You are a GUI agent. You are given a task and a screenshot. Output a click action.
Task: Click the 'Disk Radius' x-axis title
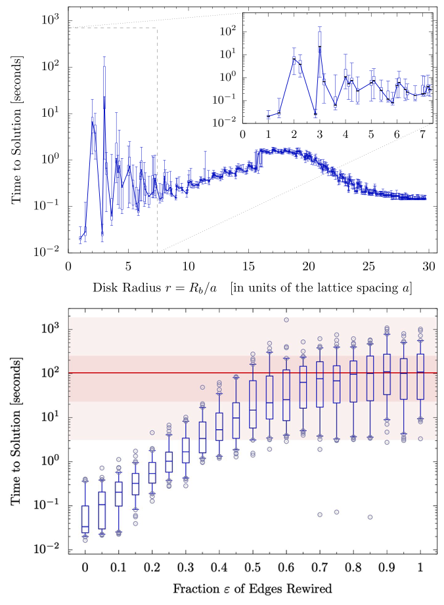(x=252, y=287)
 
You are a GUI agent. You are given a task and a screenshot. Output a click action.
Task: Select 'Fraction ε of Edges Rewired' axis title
(x=252, y=589)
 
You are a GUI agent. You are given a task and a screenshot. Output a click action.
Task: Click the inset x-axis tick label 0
(x=242, y=134)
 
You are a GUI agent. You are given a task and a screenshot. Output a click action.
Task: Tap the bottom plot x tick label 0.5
(x=252, y=566)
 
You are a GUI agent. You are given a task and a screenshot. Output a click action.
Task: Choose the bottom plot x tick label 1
(x=420, y=566)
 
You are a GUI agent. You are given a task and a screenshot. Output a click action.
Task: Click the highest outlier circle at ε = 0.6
(x=286, y=320)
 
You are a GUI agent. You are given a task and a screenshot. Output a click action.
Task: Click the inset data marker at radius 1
(x=268, y=116)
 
